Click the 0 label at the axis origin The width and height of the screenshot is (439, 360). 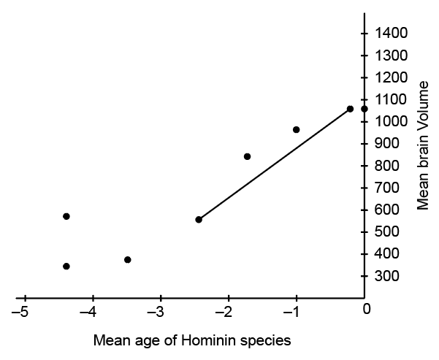tap(367, 309)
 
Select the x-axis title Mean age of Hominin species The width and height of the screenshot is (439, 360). tap(192, 340)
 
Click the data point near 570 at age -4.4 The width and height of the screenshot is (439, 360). tap(66, 216)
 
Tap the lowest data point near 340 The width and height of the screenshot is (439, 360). tap(66, 266)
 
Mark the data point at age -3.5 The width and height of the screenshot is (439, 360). tap(128, 259)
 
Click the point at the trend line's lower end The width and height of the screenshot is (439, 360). tap(199, 219)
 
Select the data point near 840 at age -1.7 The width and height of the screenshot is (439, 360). tap(247, 156)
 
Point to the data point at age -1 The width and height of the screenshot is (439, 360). tap(296, 129)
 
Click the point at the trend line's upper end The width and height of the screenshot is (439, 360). tap(350, 109)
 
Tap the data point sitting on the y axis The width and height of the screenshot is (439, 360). tap(364, 109)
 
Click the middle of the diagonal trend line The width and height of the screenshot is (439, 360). tap(274, 164)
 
